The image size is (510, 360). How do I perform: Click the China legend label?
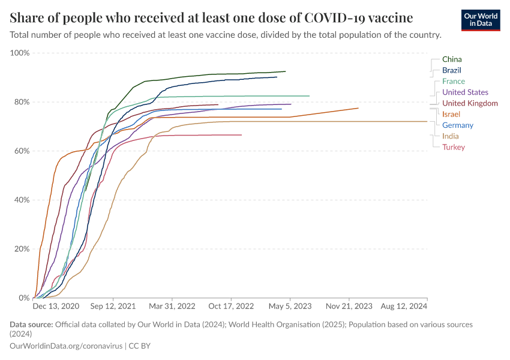pos(452,59)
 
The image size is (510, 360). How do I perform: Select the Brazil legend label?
pos(451,70)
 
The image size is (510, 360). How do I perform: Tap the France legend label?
pos(453,81)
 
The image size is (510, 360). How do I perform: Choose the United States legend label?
pos(465,92)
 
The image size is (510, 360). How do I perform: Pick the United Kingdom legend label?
pos(470,103)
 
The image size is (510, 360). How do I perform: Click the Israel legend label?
pos(451,114)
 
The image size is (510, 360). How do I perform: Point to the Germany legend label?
pos(457,125)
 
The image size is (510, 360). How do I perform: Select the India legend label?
pos(451,136)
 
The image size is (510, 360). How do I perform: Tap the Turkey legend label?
pos(453,147)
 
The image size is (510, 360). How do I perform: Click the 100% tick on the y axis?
pos(20,53)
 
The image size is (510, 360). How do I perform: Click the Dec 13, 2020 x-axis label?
pos(56,306)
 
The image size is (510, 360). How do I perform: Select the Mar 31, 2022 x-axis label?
pos(172,306)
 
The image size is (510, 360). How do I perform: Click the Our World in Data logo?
pos(481,19)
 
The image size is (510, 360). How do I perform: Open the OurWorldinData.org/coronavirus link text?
pos(66,346)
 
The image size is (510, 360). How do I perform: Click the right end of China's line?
pos(285,71)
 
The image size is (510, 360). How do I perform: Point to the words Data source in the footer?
pos(31,325)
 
